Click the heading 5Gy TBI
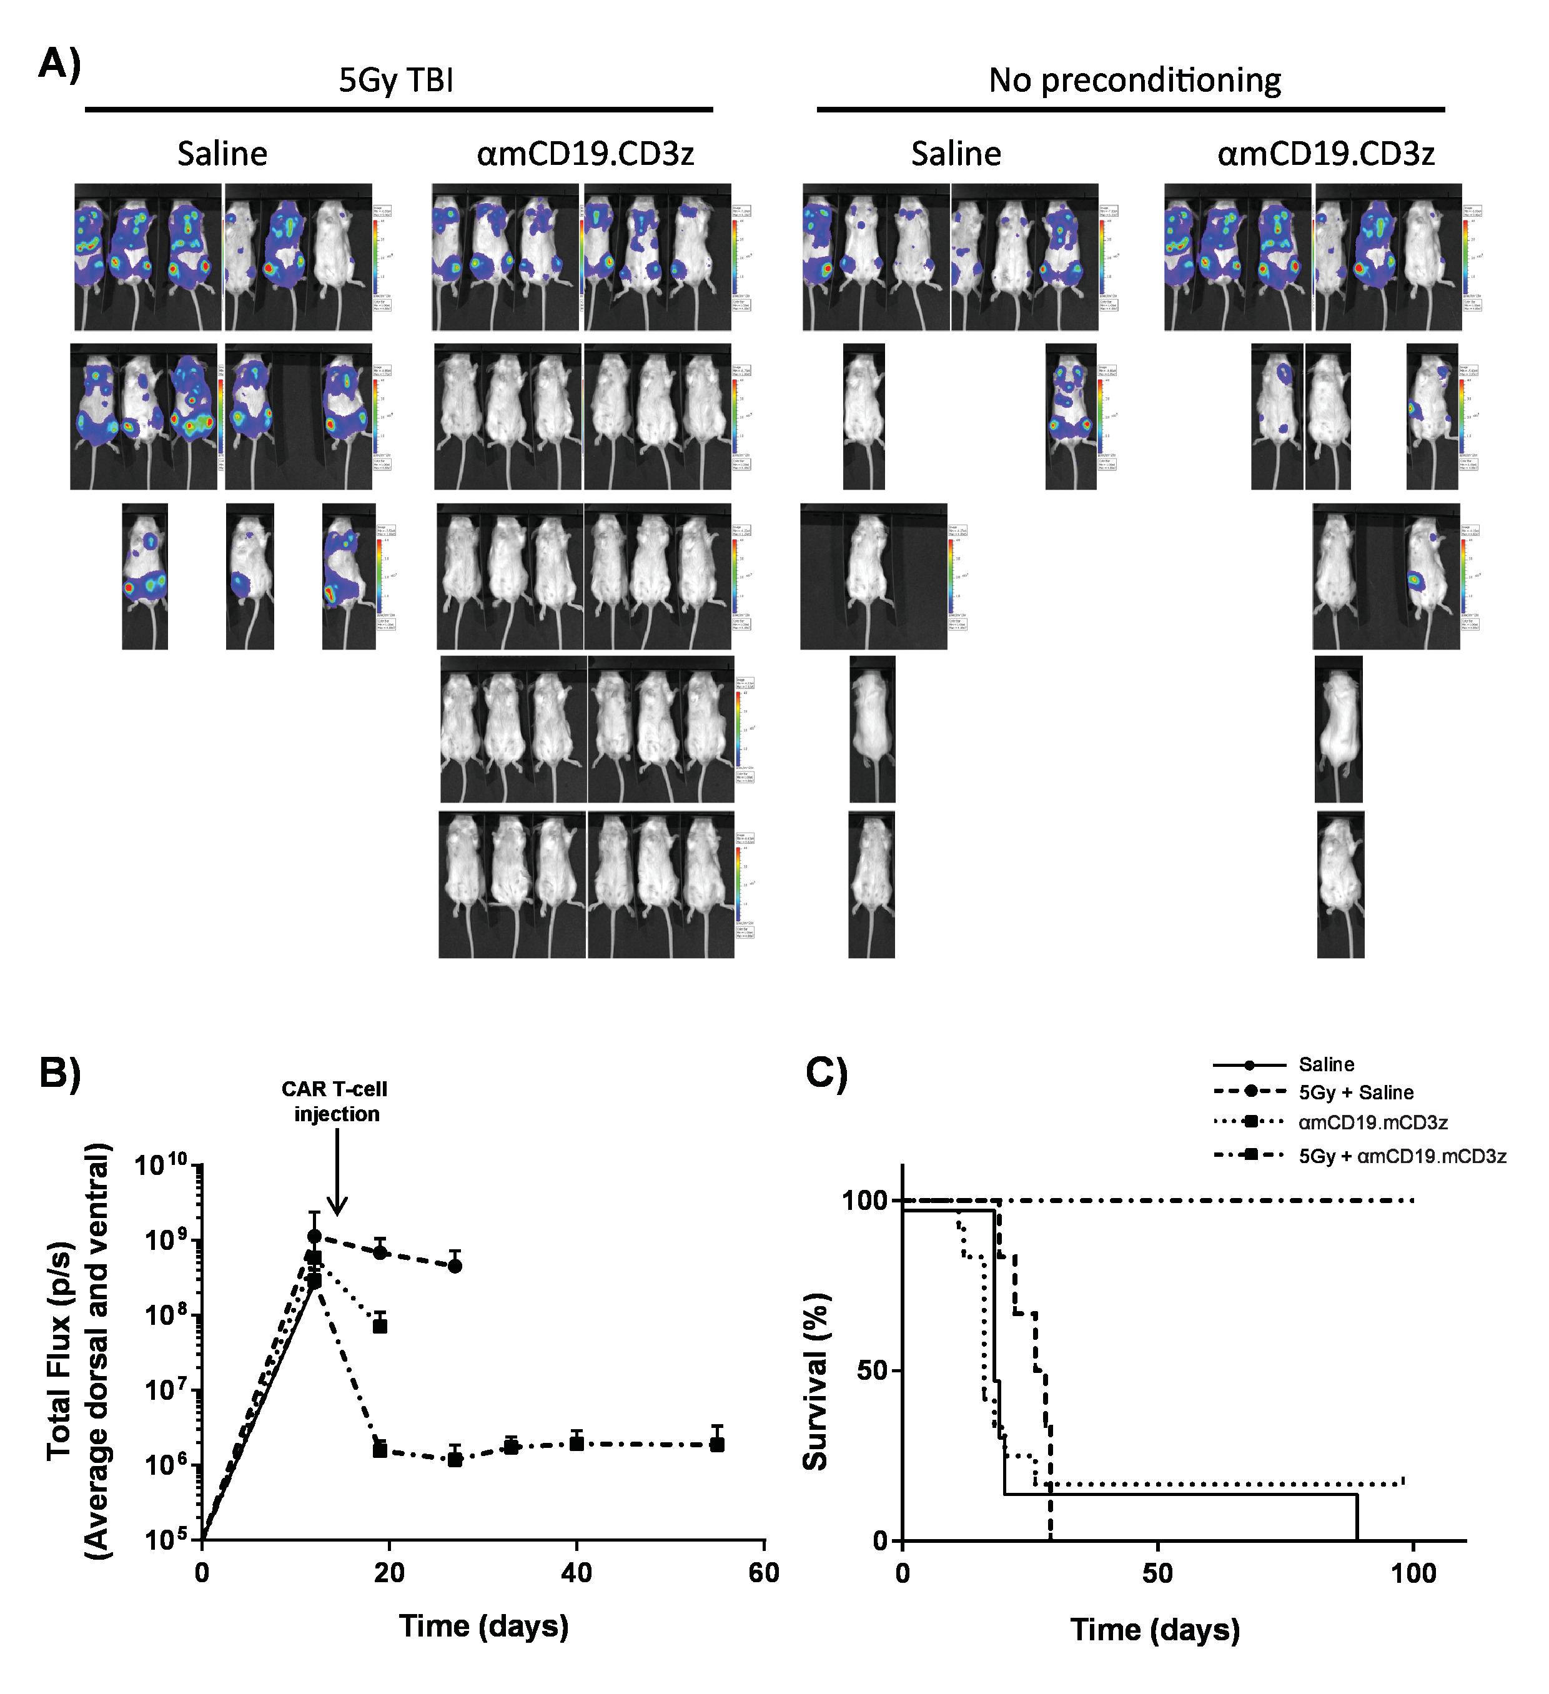tap(397, 81)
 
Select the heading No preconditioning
tap(1134, 81)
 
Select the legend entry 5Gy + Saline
tap(1356, 1092)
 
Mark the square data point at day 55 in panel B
tap(716, 1444)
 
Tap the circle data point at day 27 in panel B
tap(455, 1266)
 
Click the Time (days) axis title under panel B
tap(484, 1626)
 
